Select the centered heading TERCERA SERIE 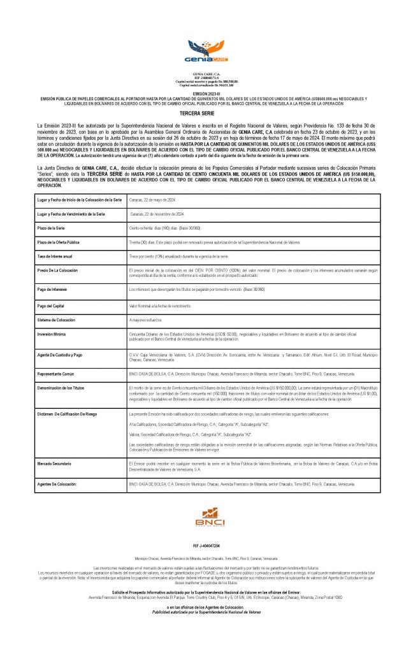(206, 112)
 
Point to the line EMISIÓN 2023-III (206, 93)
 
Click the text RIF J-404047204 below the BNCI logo (206, 547)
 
